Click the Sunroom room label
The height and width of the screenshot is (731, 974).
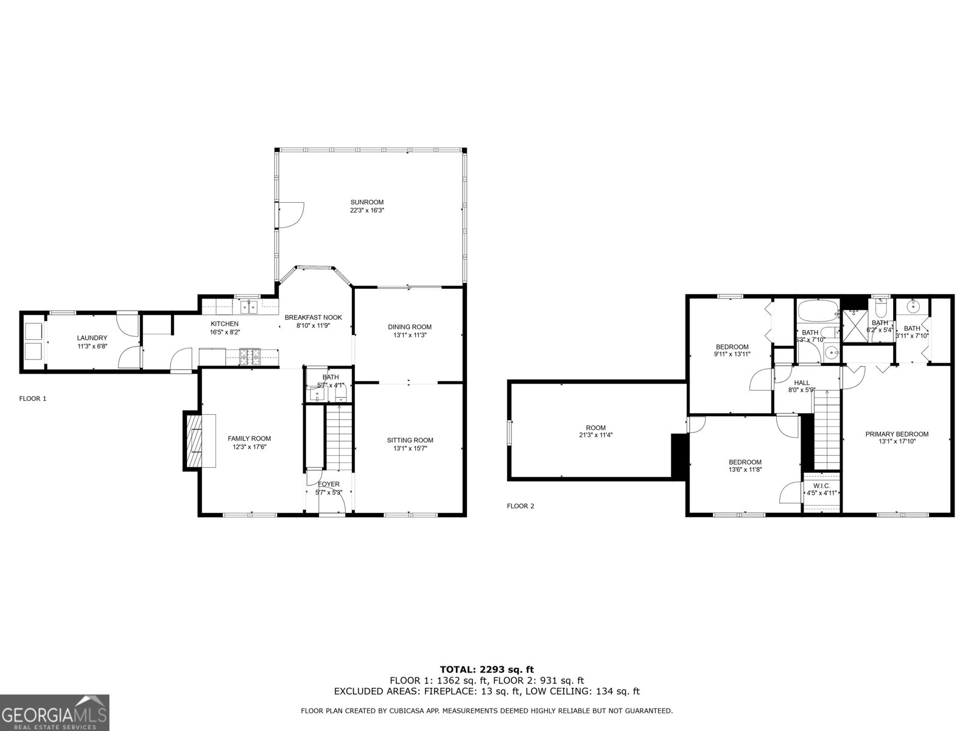(x=366, y=202)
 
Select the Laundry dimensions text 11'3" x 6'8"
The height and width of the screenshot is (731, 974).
(x=92, y=346)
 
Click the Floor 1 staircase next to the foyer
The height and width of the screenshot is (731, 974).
(x=339, y=436)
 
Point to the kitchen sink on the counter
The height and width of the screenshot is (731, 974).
(x=248, y=306)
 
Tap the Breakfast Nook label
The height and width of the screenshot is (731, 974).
(x=314, y=317)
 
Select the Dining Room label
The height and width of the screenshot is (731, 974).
(x=410, y=327)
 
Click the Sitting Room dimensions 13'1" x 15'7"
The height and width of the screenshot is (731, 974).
(x=410, y=448)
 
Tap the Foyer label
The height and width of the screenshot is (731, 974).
(x=329, y=484)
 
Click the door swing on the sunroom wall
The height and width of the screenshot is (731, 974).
(x=290, y=213)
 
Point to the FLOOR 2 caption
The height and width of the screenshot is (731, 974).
(x=520, y=506)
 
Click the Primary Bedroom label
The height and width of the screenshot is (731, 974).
(x=897, y=434)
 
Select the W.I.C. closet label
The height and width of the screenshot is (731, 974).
(x=821, y=486)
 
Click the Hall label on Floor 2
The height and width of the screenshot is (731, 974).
(x=802, y=383)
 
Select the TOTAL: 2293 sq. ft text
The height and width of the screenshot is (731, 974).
(x=486, y=669)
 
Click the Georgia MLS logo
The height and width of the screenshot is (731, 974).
(x=54, y=712)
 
